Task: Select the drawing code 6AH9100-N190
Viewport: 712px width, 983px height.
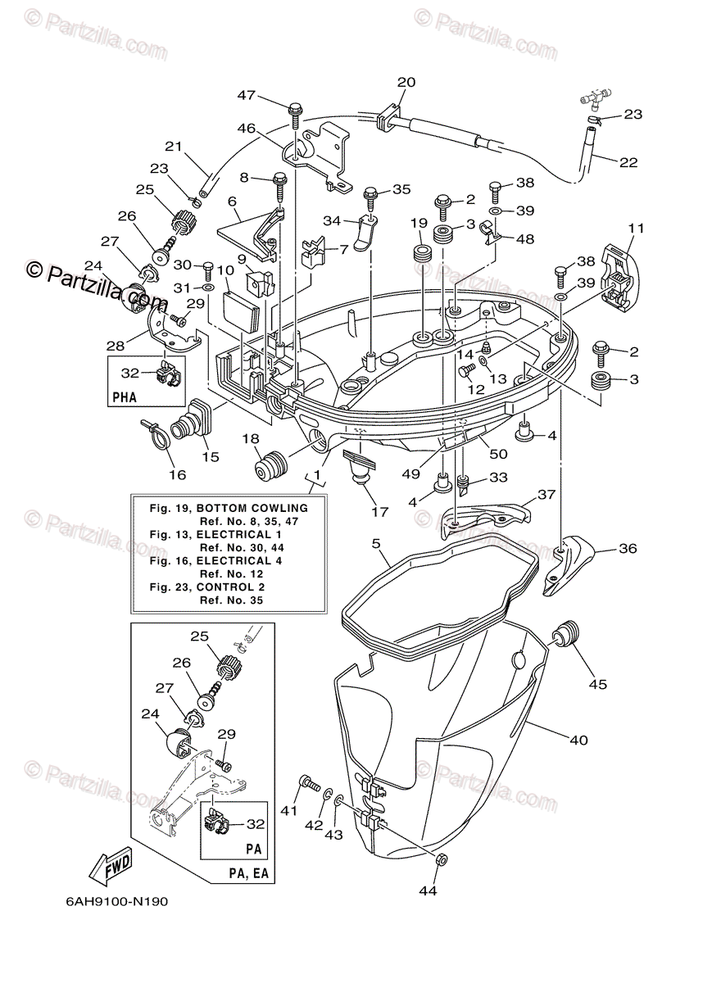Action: click(x=117, y=901)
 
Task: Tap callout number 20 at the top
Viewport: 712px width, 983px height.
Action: click(x=406, y=82)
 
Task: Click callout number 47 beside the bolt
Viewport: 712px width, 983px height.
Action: click(x=247, y=95)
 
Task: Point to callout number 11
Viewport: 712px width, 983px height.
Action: click(x=637, y=228)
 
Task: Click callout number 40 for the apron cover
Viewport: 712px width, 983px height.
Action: click(x=578, y=741)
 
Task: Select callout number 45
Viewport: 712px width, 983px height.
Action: click(x=598, y=684)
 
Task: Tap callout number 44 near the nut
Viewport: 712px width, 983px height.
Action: click(x=428, y=890)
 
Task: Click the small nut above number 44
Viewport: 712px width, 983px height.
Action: click(x=439, y=858)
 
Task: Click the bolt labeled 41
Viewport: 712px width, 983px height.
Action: click(x=309, y=782)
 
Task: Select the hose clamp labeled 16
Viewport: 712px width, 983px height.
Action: click(x=157, y=430)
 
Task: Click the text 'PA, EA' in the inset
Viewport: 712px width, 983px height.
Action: click(x=249, y=875)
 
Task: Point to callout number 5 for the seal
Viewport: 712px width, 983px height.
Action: click(x=376, y=543)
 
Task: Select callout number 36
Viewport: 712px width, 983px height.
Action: click(x=628, y=549)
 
